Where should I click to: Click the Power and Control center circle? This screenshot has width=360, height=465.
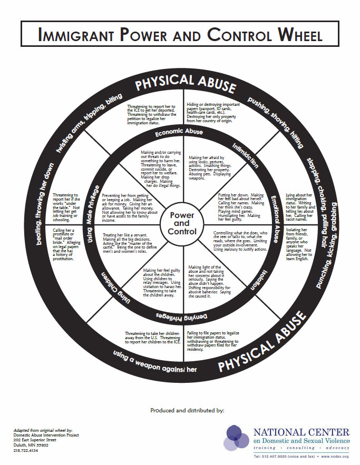click(x=182, y=223)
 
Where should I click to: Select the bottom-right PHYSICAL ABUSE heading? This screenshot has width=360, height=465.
click(x=264, y=342)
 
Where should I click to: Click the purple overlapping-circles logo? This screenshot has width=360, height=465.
click(x=237, y=438)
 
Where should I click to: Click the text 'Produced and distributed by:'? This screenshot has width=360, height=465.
click(x=187, y=409)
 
